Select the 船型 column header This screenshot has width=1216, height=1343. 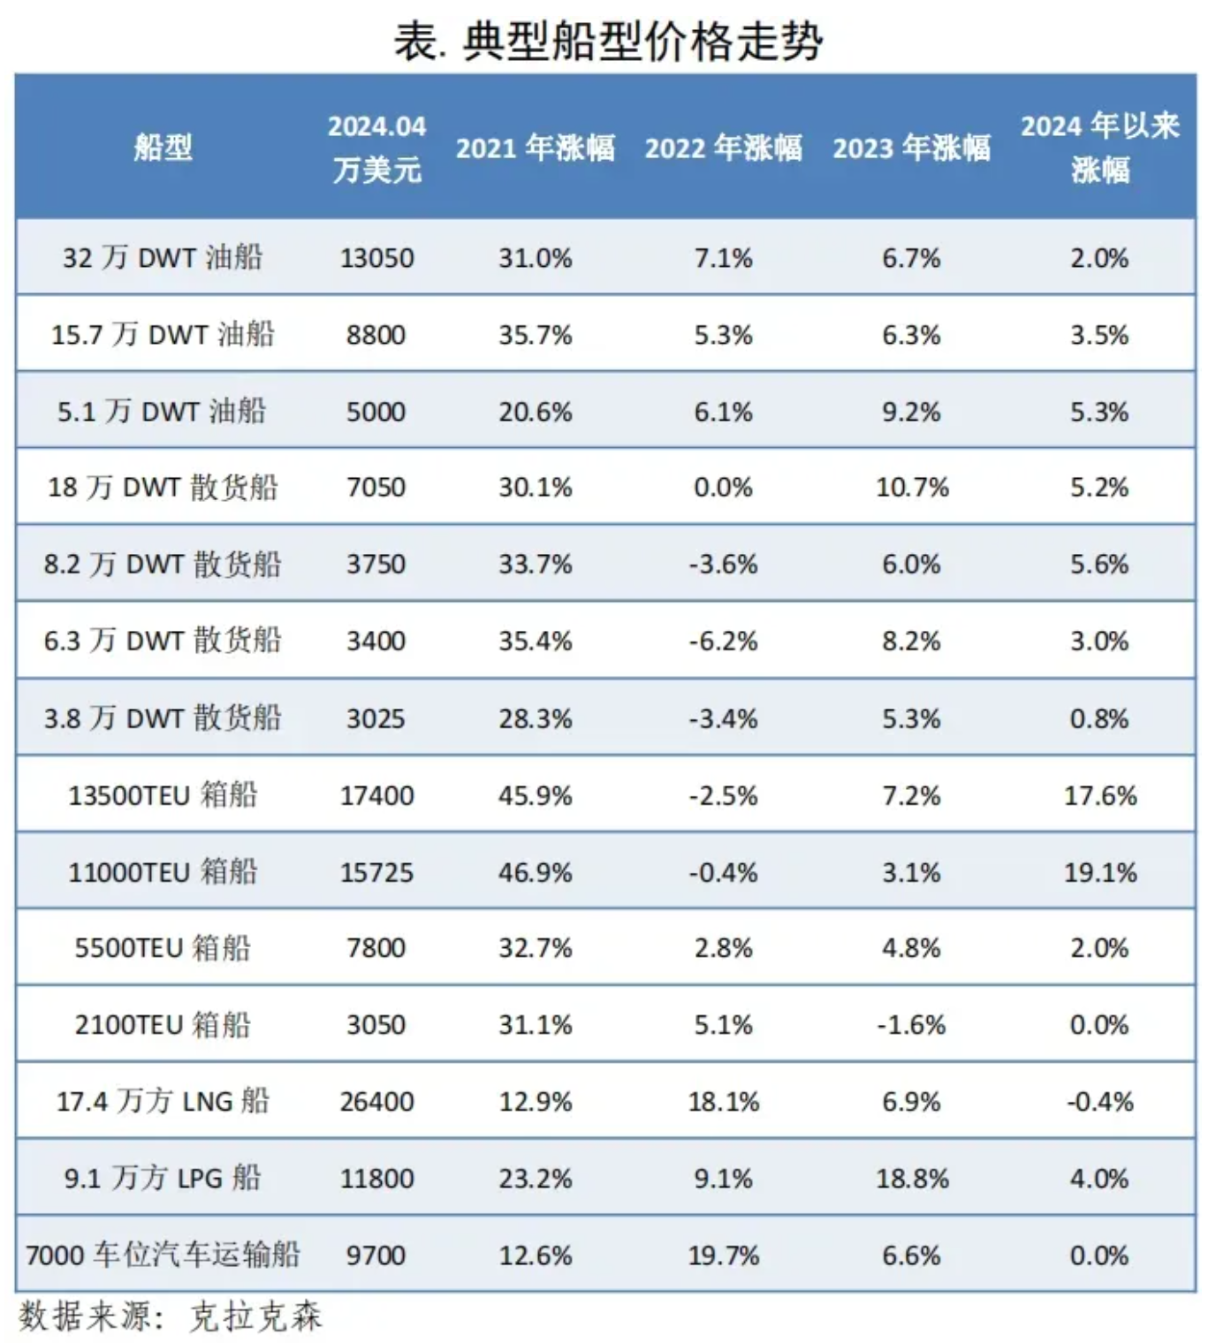point(163,147)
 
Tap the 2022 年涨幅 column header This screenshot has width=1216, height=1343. point(723,147)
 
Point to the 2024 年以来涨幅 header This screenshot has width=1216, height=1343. point(1099,147)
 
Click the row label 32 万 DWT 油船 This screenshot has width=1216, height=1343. point(163,257)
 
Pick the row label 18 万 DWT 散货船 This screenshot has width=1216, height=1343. point(163,487)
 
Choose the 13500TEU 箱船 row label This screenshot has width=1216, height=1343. point(163,795)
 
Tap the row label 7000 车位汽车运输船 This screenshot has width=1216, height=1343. point(163,1255)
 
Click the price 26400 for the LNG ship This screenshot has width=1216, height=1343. point(376,1102)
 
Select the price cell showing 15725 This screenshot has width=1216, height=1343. point(376,872)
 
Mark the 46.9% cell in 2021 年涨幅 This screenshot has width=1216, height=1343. point(536,872)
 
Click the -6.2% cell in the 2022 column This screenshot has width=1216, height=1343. point(723,641)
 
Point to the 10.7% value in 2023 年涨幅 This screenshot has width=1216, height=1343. point(912,487)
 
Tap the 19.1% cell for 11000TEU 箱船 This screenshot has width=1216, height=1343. point(1099,872)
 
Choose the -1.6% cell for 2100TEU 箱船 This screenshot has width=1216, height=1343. point(912,1025)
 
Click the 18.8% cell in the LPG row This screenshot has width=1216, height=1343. point(912,1179)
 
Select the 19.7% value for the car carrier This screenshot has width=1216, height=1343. point(723,1255)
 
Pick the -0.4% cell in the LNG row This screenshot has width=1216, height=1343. point(1099,1102)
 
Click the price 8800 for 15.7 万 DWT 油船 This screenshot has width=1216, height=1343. point(376,335)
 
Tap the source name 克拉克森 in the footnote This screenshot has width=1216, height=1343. point(256,1316)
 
